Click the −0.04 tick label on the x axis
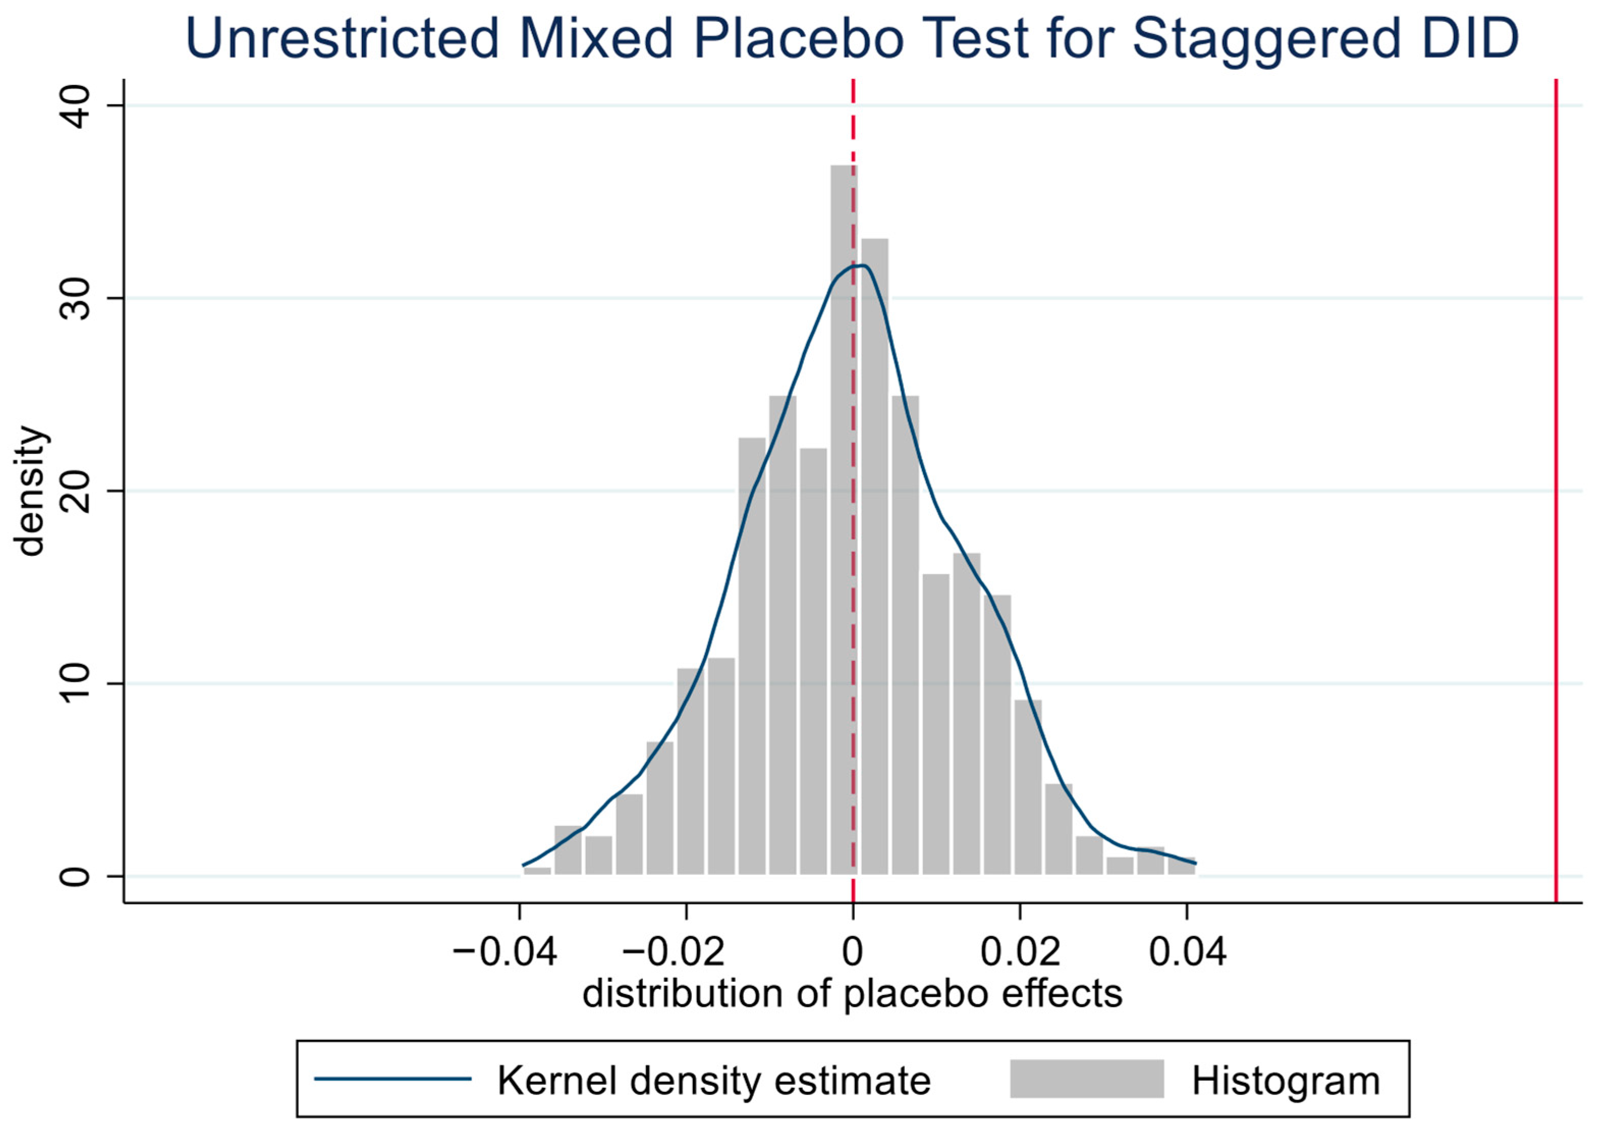point(504,951)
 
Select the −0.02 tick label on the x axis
point(672,951)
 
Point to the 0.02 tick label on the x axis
point(1020,951)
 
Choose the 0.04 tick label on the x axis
point(1187,951)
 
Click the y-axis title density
point(31,491)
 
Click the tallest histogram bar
point(844,520)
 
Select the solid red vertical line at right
point(1555,491)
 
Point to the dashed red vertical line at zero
point(853,491)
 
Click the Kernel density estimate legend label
point(714,1080)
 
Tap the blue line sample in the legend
point(393,1079)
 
